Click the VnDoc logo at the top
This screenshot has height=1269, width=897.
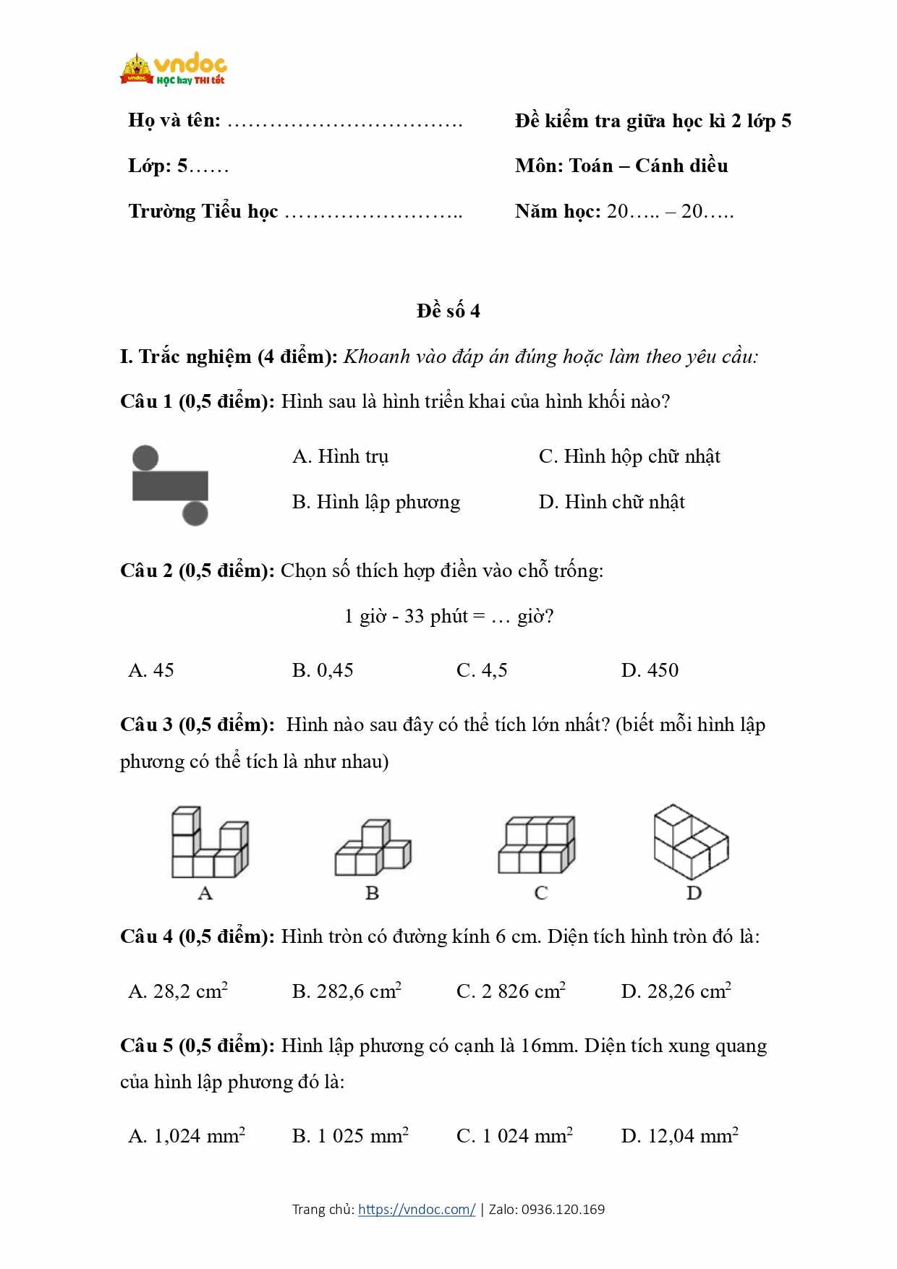point(174,69)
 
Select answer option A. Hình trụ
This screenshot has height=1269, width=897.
point(340,456)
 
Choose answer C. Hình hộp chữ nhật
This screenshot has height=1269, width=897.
point(629,456)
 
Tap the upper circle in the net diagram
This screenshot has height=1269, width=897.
point(145,458)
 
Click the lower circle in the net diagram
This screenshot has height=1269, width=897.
point(195,513)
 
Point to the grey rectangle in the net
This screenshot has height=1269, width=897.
point(170,486)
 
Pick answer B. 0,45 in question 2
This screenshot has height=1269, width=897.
point(323,670)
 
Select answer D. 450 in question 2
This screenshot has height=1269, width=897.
point(650,670)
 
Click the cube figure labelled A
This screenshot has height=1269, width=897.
point(209,843)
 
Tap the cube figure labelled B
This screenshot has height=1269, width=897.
point(373,848)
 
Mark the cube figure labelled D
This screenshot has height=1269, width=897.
point(691,842)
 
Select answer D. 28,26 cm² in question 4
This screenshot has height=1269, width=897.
point(676,991)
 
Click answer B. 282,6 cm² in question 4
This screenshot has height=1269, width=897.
point(347,991)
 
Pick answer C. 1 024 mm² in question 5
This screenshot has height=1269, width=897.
point(514,1135)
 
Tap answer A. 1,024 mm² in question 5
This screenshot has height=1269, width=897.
point(187,1135)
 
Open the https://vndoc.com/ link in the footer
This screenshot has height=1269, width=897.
point(417,1209)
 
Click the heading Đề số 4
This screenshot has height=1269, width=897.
point(448,311)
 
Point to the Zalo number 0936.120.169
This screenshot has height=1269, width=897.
point(563,1209)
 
